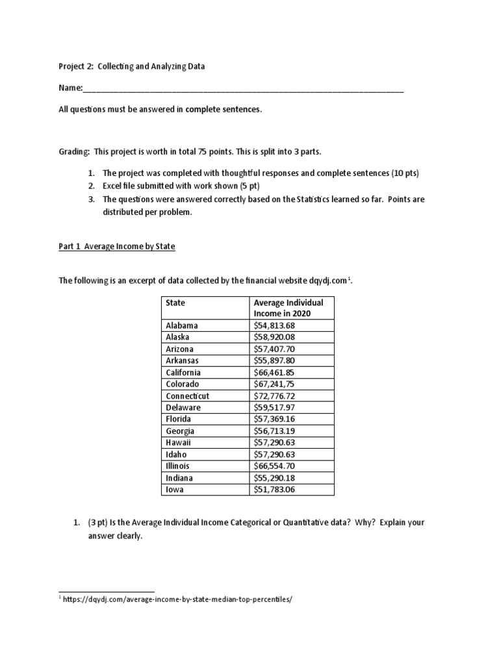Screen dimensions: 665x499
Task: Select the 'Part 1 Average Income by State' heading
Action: point(117,247)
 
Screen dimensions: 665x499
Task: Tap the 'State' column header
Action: point(175,302)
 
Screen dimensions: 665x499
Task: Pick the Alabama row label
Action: point(182,325)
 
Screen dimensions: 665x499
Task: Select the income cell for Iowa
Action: point(274,489)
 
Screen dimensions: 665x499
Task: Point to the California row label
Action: point(183,372)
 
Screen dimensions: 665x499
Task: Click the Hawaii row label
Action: point(179,442)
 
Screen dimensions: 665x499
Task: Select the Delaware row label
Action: point(183,407)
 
